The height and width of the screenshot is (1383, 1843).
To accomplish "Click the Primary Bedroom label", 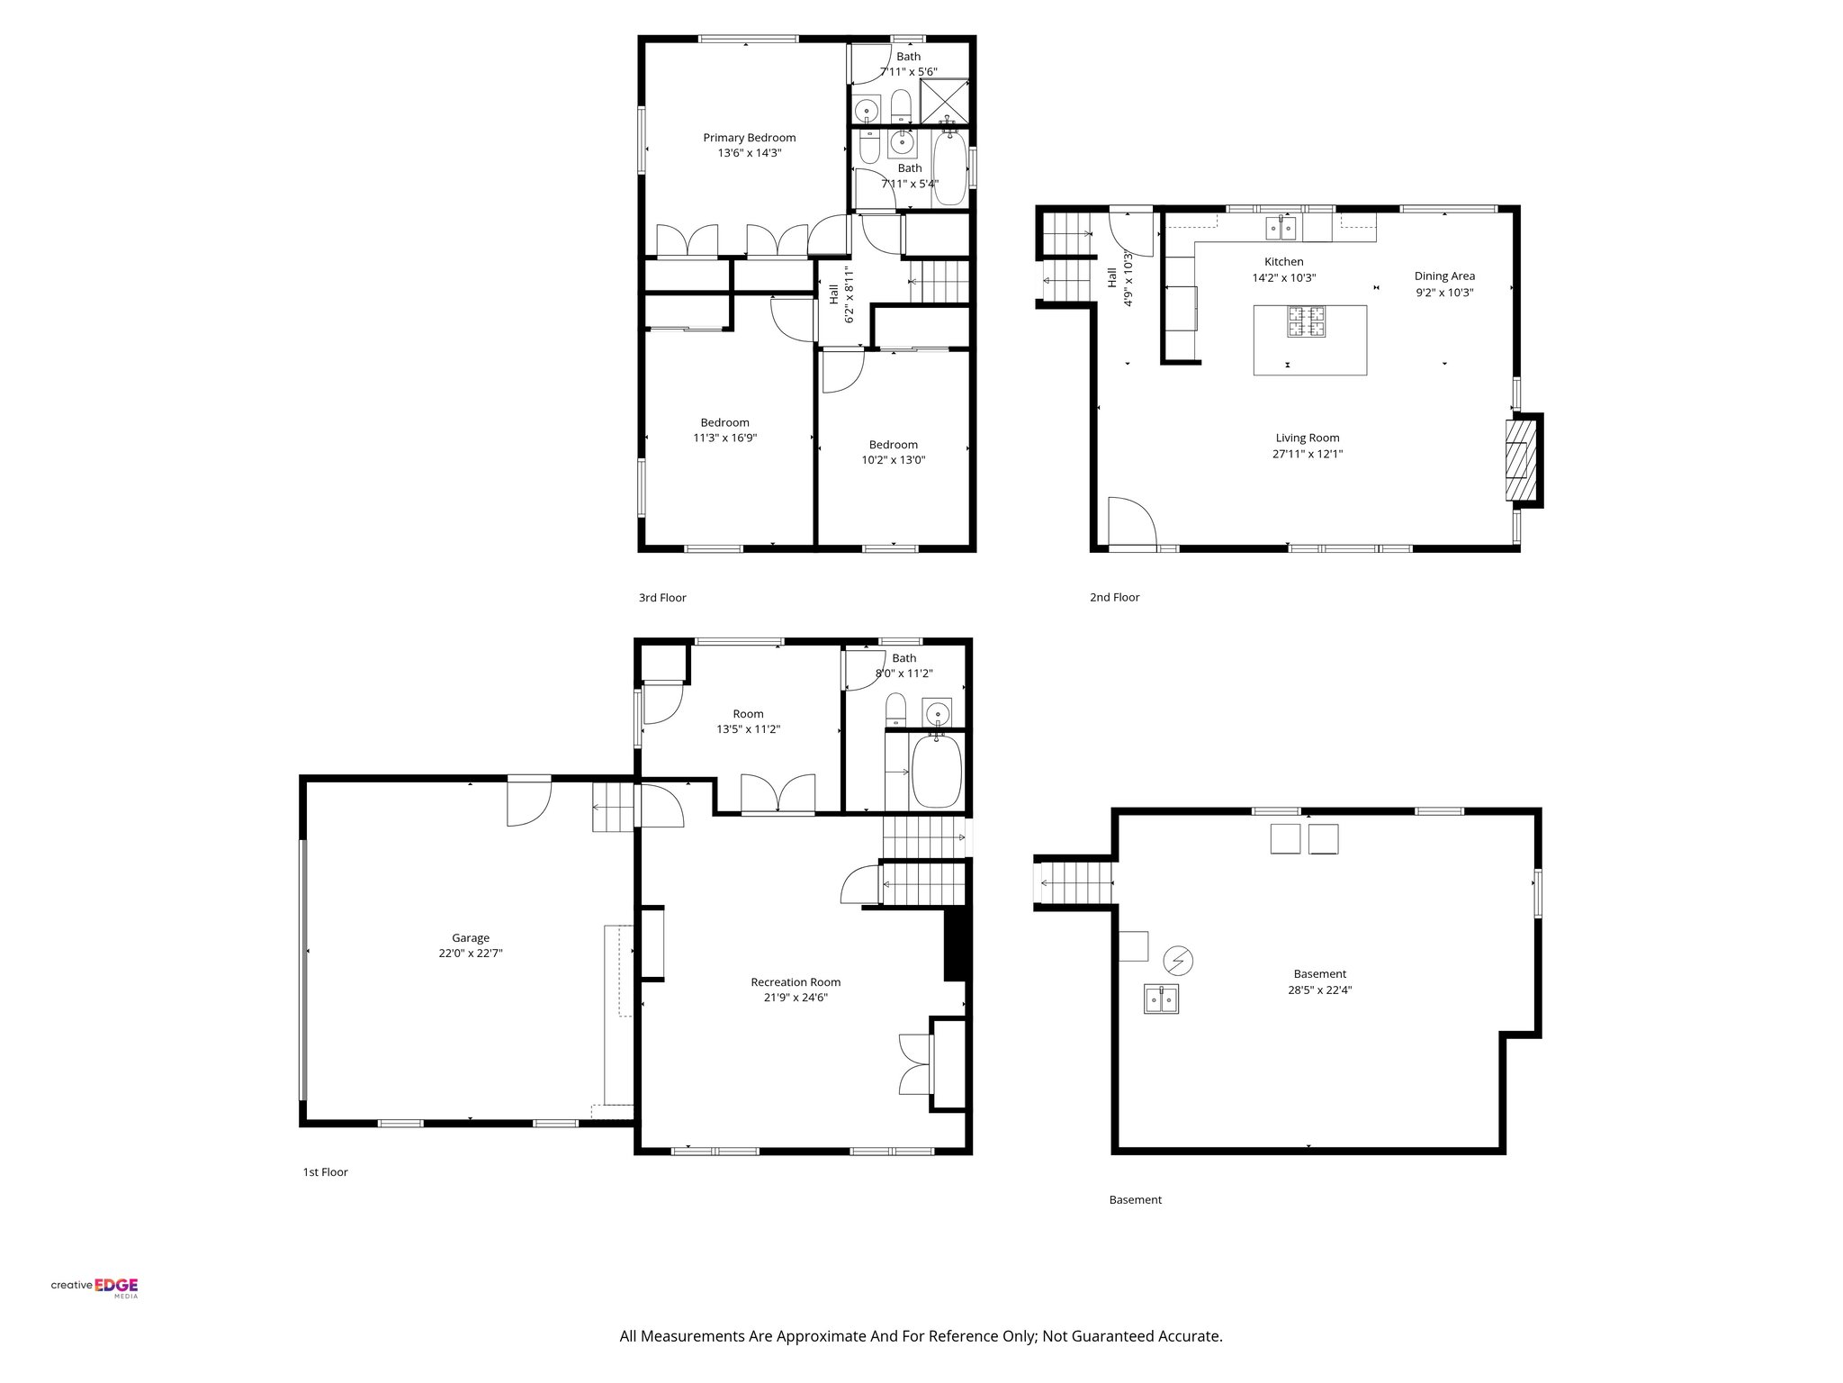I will coord(749,138).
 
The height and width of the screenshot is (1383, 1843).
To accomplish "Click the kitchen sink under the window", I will coord(1281,229).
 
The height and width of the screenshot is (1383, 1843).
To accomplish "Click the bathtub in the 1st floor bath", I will coord(937,772).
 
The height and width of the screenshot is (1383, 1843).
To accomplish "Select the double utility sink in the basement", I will coord(1162,999).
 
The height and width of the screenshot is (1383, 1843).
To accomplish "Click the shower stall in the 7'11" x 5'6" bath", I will coord(946,102).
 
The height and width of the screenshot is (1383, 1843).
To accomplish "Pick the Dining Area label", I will coord(1444,276).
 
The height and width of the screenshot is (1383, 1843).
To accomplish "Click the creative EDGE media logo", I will coord(94,1288).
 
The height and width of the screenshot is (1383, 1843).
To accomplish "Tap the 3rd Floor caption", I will coord(662,598).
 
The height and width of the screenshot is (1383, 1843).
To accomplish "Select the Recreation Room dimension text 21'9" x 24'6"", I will coord(789,998).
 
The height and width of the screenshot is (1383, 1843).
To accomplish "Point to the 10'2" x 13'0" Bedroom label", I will coord(893,452).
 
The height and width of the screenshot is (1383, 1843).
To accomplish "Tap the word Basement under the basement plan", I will coord(1135,1199).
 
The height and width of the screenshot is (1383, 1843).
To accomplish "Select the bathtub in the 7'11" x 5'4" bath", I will coord(950,170).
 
